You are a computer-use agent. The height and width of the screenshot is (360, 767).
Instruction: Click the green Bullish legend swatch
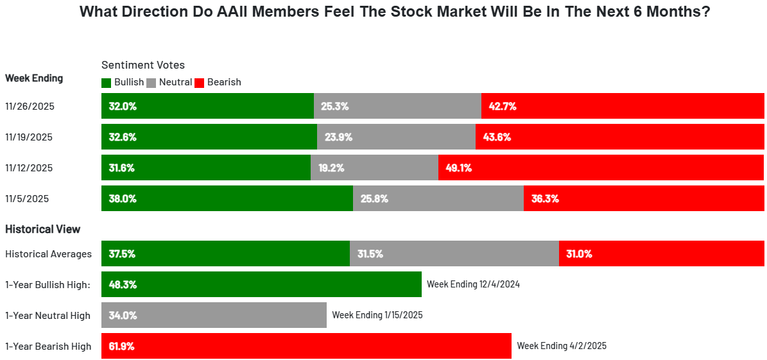pos(106,83)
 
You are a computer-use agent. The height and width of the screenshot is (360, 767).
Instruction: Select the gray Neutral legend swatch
pos(151,83)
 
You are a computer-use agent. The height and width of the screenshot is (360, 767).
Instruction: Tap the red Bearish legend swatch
pos(199,83)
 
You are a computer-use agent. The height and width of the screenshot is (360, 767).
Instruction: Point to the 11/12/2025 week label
pos(28,167)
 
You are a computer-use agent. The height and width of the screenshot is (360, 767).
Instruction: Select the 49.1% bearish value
pos(458,167)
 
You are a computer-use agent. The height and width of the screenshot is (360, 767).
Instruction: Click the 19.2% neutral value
pos(331,167)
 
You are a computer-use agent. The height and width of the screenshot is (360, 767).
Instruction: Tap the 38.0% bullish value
pos(122,198)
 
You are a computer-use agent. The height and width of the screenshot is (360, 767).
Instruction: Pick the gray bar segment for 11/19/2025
pos(396,137)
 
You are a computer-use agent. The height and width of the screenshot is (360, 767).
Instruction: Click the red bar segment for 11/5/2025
pos(644,198)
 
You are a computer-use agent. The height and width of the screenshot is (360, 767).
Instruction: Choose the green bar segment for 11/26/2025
pos(207,106)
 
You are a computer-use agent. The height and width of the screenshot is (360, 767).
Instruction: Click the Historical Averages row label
pos(48,254)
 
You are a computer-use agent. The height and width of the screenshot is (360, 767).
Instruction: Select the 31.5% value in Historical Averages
pos(370,254)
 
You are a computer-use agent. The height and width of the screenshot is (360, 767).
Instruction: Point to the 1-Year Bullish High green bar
pos(262,284)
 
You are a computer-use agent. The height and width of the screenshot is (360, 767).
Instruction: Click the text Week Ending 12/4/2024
pos(474,284)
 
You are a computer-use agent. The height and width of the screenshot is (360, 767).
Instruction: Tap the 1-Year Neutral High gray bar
pos(214,315)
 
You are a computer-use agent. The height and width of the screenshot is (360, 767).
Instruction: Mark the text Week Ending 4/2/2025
pos(562,346)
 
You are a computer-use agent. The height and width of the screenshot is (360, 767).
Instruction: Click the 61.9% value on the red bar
pos(121,346)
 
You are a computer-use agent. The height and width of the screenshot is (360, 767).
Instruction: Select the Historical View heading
pos(42,229)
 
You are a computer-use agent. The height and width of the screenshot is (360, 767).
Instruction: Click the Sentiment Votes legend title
pos(143,65)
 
